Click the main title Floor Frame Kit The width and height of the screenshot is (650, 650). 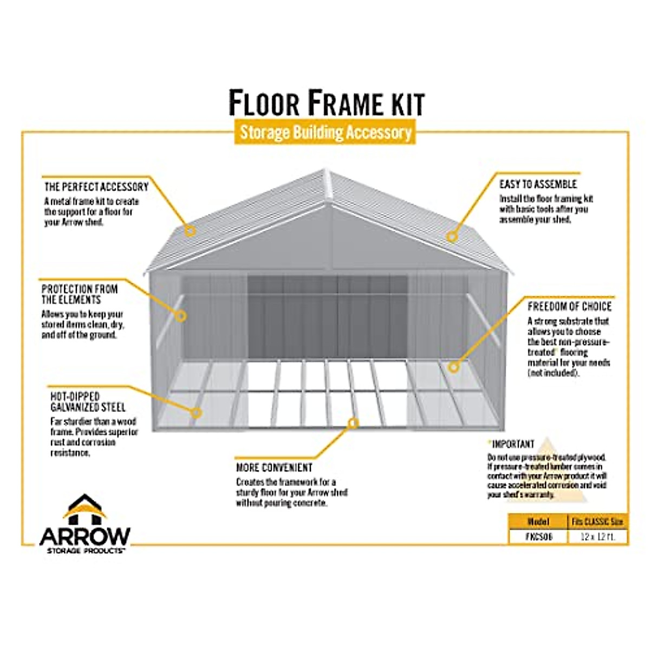[x=326, y=102]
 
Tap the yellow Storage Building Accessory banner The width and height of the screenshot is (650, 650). [x=325, y=133]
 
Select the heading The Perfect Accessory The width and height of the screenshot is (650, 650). [x=96, y=187]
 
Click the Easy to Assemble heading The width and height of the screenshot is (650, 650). [x=538, y=184]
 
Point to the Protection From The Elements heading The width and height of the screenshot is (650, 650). [x=79, y=294]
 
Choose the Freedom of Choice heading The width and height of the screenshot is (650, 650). [x=569, y=307]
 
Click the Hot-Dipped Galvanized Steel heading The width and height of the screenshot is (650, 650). [x=88, y=401]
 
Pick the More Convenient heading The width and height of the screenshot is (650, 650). [x=274, y=467]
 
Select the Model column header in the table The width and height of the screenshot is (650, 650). [x=537, y=522]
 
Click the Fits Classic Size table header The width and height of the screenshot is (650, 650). [x=598, y=522]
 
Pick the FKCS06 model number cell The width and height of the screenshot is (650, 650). [x=537, y=537]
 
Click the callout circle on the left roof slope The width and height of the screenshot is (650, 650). [x=190, y=231]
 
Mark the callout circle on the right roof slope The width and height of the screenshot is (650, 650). [x=452, y=236]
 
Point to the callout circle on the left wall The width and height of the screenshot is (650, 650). [x=181, y=315]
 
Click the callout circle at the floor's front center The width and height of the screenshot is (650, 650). [x=354, y=422]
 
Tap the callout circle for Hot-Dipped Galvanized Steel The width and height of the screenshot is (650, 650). [x=197, y=413]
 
